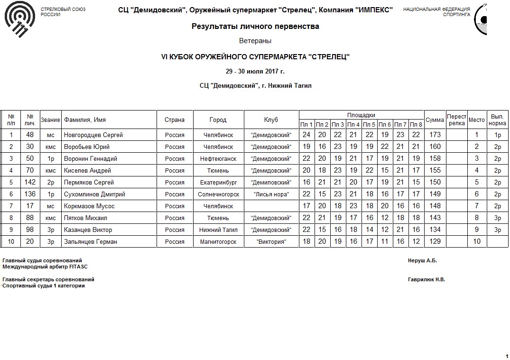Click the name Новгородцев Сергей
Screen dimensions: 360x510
coord(93,135)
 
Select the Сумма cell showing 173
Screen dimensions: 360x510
coord(435,135)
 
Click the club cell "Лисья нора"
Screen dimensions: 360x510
coord(271,194)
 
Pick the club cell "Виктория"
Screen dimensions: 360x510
coord(271,242)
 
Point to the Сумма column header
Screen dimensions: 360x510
coord(435,120)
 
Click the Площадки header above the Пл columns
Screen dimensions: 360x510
coord(361,115)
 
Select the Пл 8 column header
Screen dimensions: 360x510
coord(416,125)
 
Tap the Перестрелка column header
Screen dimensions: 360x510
coord(457,120)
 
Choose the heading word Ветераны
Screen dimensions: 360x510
coord(255,41)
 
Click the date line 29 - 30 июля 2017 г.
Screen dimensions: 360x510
coord(255,72)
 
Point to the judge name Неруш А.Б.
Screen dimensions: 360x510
coord(422,261)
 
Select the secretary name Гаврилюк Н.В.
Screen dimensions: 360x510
coord(426,280)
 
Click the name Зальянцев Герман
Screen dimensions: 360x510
coord(90,242)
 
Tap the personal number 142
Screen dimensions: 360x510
coord(30,183)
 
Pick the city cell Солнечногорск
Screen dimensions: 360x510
coord(218,194)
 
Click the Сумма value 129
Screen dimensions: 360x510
coord(435,242)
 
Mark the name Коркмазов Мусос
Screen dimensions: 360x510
coord(89,206)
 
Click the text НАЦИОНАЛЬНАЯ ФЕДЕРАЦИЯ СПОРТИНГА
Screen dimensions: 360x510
coord(436,12)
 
